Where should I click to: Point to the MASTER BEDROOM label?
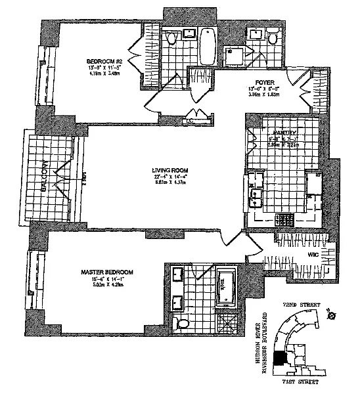108,272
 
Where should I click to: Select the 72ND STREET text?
303,305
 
